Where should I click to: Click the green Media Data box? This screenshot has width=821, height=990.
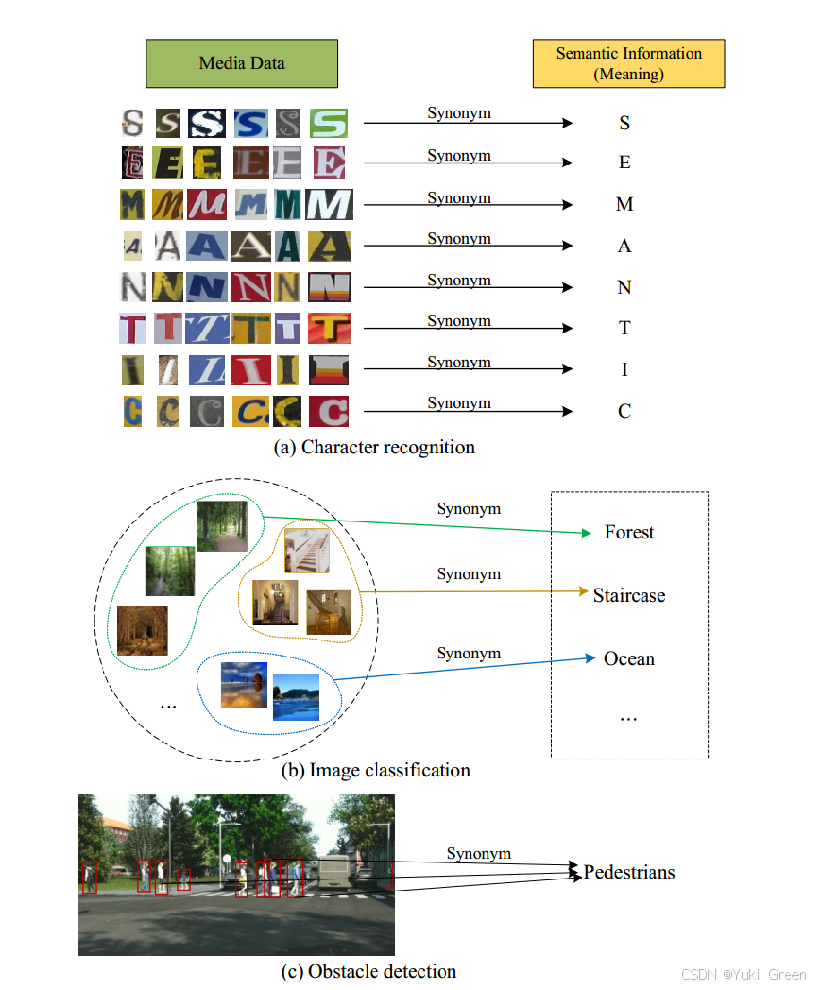point(241,64)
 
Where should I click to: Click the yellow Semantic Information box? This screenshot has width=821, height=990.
point(629,64)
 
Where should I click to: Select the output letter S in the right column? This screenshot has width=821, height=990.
point(624,123)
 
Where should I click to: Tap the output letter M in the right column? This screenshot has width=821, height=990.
point(624,205)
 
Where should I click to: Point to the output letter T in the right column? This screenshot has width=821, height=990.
point(624,328)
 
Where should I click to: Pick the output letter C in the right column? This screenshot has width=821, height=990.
point(624,411)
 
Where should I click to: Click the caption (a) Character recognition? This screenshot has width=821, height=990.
point(374,447)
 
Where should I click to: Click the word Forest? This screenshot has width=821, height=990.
point(630,532)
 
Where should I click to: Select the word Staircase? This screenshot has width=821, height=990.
point(629,595)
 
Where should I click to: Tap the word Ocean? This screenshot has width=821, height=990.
point(629,658)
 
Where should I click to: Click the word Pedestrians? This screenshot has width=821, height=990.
point(630,872)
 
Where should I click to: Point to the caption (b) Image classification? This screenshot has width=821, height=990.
point(376,770)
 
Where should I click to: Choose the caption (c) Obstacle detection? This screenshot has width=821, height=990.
point(369,971)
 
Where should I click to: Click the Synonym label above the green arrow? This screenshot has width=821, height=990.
point(468,509)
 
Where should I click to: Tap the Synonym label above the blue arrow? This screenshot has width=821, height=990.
point(468,653)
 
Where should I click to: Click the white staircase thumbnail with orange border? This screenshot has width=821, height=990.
point(306,550)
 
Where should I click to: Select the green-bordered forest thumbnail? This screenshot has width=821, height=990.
point(171,571)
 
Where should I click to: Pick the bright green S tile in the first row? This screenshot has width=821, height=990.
point(329,123)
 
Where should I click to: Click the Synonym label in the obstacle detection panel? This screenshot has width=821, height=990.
point(478,853)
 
